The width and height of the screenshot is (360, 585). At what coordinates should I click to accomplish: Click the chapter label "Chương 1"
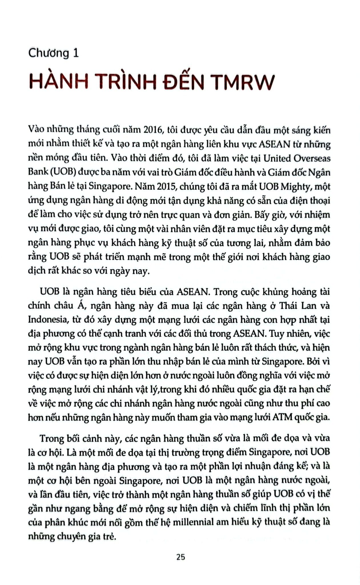click(53, 53)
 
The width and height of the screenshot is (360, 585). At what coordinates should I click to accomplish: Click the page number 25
click(180, 557)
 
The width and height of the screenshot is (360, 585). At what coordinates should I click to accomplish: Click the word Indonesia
click(47, 319)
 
